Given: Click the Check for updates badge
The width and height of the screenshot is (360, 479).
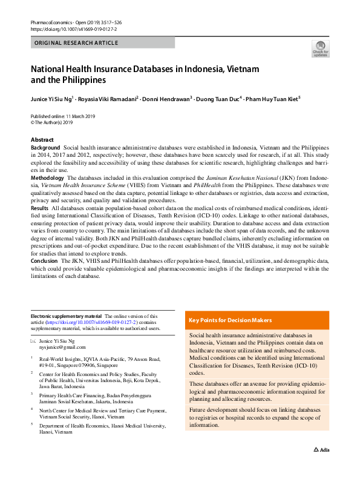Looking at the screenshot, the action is [x=320, y=49].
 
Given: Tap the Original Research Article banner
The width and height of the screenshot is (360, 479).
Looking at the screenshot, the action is [x=102, y=43].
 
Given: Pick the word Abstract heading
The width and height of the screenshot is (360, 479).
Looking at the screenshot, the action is [x=42, y=140].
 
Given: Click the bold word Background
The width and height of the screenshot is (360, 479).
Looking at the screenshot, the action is [x=45, y=148].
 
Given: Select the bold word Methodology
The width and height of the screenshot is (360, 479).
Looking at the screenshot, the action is [x=47, y=177].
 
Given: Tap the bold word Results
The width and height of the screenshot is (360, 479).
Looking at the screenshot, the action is [x=39, y=208].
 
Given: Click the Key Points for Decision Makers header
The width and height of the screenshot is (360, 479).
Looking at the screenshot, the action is [x=231, y=320].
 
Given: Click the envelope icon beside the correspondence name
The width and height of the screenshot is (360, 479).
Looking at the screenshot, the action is [x=34, y=342].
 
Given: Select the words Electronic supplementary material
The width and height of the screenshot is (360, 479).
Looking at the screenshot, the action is [x=67, y=316].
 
